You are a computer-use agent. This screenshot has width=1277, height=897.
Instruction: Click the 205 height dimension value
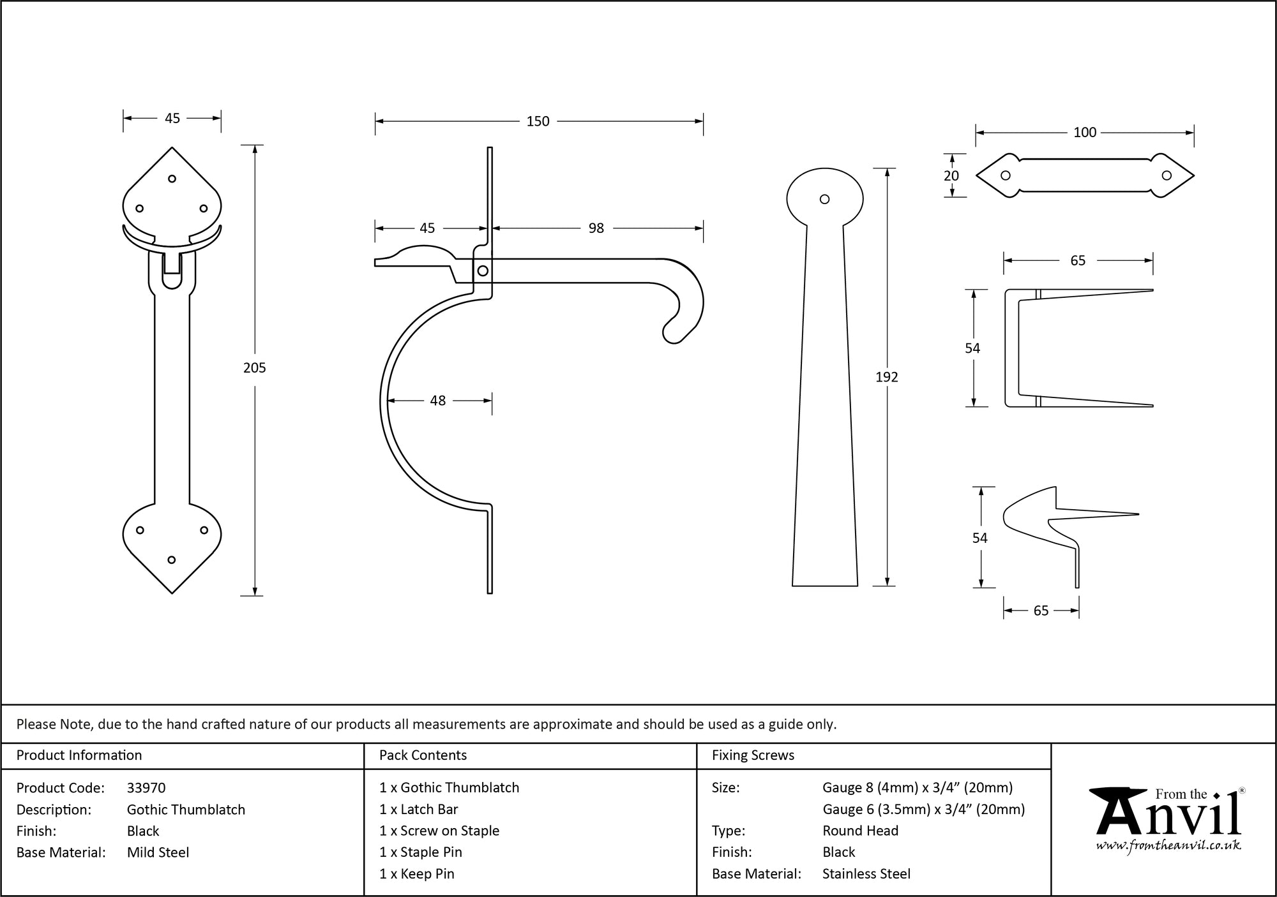pyautogui.click(x=254, y=367)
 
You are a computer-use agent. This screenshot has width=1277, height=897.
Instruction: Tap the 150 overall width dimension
pyautogui.click(x=538, y=121)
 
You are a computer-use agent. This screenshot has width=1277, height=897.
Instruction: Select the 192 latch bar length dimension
pyautogui.click(x=886, y=377)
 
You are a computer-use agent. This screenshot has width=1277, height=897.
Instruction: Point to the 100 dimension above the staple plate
pyautogui.click(x=1084, y=132)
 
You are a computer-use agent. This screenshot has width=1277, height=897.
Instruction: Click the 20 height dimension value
pyautogui.click(x=951, y=175)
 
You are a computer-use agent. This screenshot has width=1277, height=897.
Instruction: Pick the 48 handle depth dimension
pyautogui.click(x=437, y=401)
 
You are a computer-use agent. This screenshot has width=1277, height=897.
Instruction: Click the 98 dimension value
pyautogui.click(x=596, y=228)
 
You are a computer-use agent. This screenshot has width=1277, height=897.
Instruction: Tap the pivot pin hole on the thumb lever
pyautogui.click(x=483, y=271)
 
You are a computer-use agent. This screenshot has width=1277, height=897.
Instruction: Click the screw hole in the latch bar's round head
pyautogui.click(x=824, y=199)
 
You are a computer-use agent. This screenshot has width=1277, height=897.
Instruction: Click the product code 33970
pyautogui.click(x=146, y=788)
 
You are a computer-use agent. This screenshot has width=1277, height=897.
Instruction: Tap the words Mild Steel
pyautogui.click(x=158, y=852)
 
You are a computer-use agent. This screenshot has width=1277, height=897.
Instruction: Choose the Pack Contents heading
pyautogui.click(x=423, y=755)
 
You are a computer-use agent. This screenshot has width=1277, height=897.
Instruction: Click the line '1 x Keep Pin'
pyautogui.click(x=416, y=874)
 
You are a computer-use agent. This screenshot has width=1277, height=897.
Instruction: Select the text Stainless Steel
pyautogui.click(x=866, y=874)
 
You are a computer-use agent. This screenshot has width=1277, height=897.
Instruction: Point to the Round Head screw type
pyautogui.click(x=860, y=831)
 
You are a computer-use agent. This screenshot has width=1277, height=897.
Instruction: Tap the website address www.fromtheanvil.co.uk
pyautogui.click(x=1168, y=846)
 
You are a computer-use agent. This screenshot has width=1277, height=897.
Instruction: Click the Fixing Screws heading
pyautogui.click(x=753, y=755)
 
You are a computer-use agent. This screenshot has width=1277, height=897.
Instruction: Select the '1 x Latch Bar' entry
pyautogui.click(x=418, y=810)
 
